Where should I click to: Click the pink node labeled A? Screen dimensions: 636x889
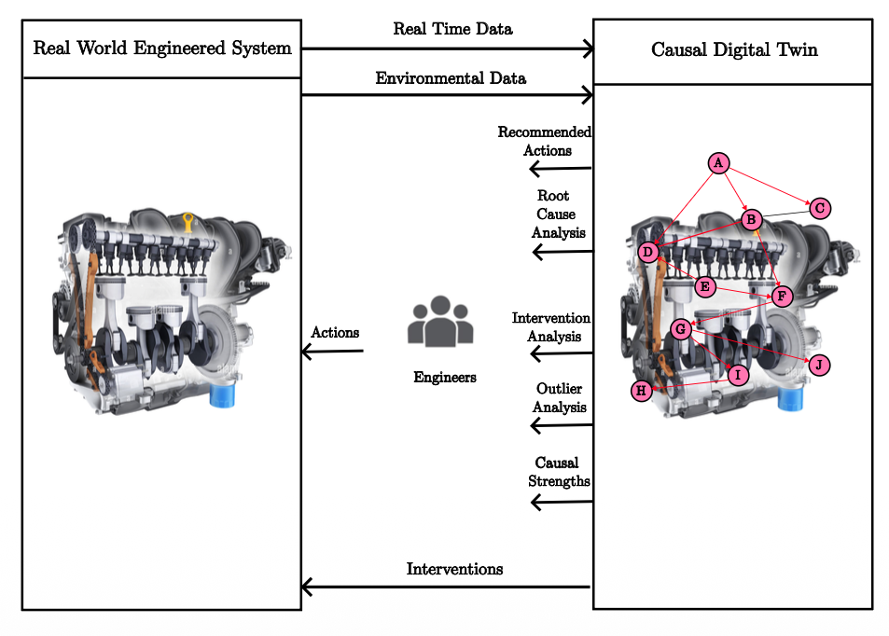pyautogui.click(x=717, y=163)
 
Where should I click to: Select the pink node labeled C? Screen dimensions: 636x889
pyautogui.click(x=819, y=208)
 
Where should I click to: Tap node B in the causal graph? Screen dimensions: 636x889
pyautogui.click(x=751, y=219)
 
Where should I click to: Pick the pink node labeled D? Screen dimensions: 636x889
pyautogui.click(x=648, y=252)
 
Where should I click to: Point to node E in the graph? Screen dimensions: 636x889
pyautogui.click(x=704, y=285)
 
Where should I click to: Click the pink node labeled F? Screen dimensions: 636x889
pyautogui.click(x=782, y=297)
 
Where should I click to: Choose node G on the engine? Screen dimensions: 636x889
pyautogui.click(x=681, y=328)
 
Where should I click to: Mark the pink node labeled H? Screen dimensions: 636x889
pyautogui.click(x=641, y=391)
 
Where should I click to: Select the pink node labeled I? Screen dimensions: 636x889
pyautogui.click(x=738, y=375)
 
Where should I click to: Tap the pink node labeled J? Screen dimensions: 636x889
pyautogui.click(x=818, y=364)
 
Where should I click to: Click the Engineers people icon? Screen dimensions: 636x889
pyautogui.click(x=440, y=323)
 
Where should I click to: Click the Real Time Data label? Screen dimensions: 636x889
pyautogui.click(x=452, y=29)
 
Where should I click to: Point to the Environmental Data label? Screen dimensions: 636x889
pyautogui.click(x=451, y=78)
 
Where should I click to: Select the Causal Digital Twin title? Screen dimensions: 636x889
pyautogui.click(x=734, y=49)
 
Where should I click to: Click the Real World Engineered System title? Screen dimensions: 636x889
pyautogui.click(x=162, y=48)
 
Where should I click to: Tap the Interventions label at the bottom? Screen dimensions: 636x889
pyautogui.click(x=454, y=569)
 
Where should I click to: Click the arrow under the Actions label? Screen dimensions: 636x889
pyautogui.click(x=331, y=352)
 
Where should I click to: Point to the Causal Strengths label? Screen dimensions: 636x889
pyautogui.click(x=558, y=472)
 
